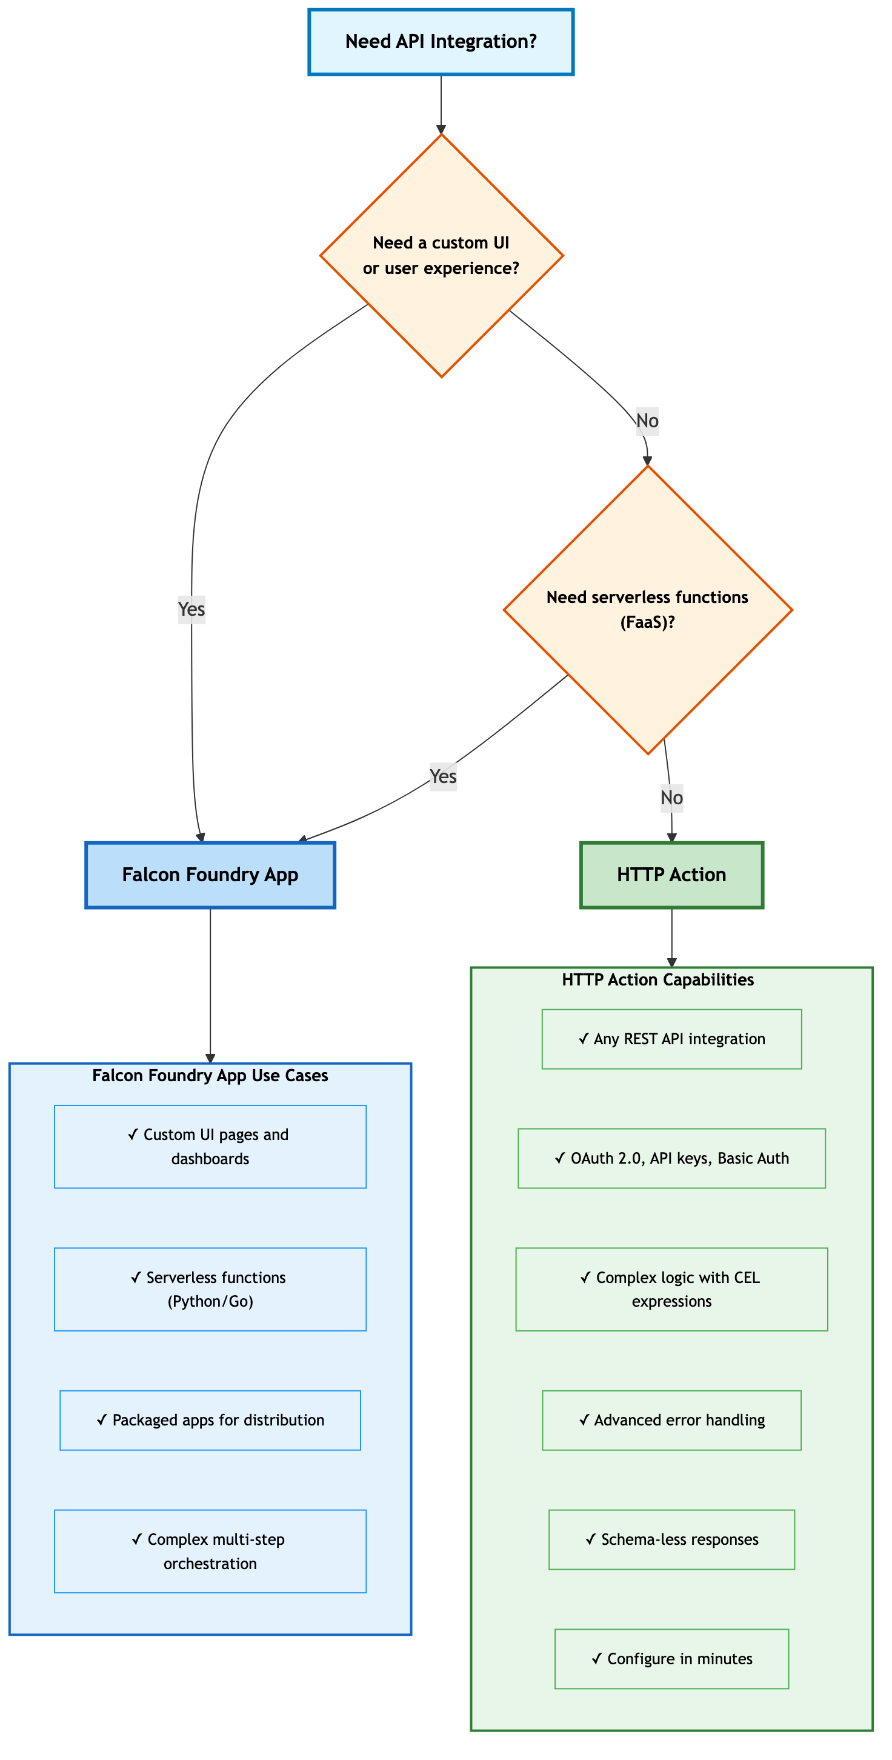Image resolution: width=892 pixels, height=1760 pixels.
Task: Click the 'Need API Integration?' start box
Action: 441,42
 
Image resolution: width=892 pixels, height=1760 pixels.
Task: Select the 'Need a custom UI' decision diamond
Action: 441,256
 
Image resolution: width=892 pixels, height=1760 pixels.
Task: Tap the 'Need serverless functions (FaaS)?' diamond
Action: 647,610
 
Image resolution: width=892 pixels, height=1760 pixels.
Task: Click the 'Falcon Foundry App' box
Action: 210,875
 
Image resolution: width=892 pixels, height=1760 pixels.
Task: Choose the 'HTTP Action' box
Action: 671,875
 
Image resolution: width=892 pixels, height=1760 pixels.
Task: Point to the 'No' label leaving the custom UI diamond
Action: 647,421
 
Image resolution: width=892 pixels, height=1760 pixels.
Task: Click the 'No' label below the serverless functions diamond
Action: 671,798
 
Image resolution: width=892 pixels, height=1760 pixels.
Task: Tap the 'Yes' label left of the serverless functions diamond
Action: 191,610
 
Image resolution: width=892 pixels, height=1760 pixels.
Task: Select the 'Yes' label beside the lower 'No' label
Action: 442,777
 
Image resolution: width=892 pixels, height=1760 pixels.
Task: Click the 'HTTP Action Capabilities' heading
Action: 657,980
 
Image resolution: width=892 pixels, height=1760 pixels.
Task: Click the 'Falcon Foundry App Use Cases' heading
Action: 210,1075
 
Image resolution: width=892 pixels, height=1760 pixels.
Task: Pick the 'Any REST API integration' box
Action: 671,1039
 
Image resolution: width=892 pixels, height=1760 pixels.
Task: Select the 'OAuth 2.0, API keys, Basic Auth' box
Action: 671,1158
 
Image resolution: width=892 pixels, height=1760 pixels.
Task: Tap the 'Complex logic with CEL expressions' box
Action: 671,1289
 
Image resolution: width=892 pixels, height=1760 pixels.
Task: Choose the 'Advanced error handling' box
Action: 671,1421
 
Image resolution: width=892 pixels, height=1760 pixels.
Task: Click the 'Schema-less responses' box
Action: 671,1539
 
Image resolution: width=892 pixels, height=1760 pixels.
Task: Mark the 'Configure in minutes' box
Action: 671,1659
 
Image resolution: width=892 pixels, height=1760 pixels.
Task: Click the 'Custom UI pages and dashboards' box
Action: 210,1147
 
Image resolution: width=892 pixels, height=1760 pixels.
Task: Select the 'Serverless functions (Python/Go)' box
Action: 210,1289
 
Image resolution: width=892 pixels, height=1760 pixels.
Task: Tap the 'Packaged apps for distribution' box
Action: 210,1421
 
